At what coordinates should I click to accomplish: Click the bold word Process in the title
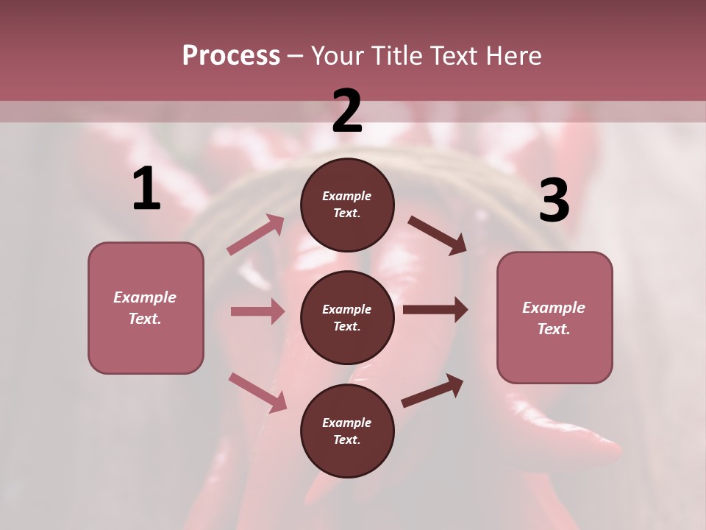coord(231,56)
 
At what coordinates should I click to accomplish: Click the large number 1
coord(146,189)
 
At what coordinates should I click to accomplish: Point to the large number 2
coord(347,111)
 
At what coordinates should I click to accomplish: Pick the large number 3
coord(554,201)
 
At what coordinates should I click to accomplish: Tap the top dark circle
coord(347,204)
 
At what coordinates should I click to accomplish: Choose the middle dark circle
coord(347,317)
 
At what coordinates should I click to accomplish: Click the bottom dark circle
coord(347,431)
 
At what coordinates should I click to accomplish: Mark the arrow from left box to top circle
coord(256,235)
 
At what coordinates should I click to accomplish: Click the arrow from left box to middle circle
coord(257,311)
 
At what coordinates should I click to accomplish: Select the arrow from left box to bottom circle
coord(257,392)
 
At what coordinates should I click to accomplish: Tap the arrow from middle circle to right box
coord(435,310)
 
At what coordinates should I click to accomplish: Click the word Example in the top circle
coord(347,196)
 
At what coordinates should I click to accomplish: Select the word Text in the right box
coord(554,329)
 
